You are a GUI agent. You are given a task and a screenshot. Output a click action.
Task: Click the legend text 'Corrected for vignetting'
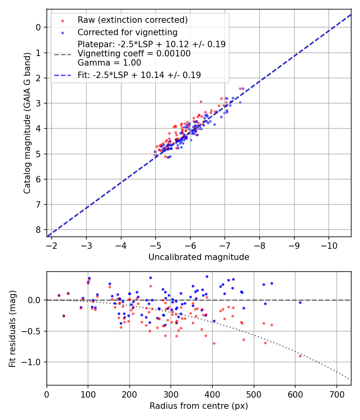(127, 32)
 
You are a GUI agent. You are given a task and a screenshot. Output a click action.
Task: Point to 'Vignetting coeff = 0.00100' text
(134, 53)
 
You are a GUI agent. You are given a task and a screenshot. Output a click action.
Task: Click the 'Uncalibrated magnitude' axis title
(199, 257)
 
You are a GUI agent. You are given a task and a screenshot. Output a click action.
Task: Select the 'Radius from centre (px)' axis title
(199, 406)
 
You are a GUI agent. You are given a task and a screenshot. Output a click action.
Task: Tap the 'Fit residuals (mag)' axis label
(12, 328)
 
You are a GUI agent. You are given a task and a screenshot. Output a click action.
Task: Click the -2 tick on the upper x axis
(52, 245)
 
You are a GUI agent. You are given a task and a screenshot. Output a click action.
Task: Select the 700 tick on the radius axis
(336, 394)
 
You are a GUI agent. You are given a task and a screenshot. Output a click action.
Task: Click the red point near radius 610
(300, 356)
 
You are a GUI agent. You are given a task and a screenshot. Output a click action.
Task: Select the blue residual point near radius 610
(300, 302)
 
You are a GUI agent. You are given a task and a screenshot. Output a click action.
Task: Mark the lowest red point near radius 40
(64, 316)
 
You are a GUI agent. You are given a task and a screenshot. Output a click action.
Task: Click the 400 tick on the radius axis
(212, 394)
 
